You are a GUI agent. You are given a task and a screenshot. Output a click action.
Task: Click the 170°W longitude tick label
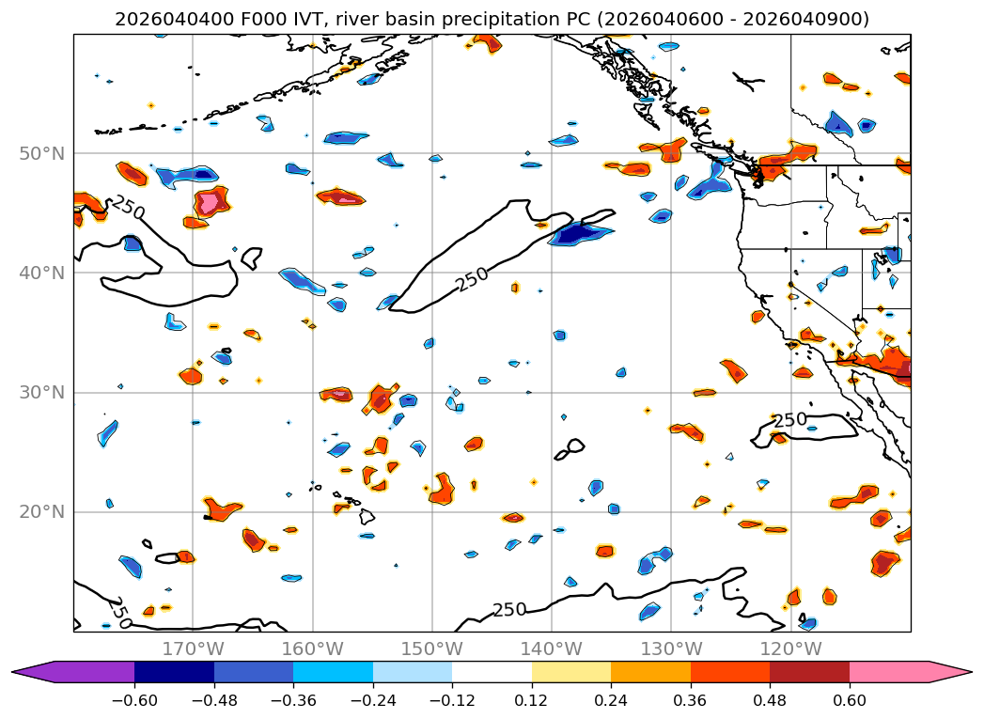tap(193, 649)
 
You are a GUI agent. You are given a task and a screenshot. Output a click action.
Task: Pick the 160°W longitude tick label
tap(312, 649)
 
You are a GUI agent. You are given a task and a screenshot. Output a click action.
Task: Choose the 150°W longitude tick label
tap(431, 649)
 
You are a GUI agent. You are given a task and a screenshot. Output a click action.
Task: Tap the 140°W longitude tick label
tap(551, 649)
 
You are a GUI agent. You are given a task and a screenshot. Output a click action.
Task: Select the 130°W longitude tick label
tap(670, 649)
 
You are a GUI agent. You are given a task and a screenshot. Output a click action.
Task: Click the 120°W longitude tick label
tap(789, 649)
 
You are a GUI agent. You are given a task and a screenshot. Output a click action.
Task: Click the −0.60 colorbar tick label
tap(134, 700)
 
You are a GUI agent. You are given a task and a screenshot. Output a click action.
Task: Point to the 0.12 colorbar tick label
tap(532, 700)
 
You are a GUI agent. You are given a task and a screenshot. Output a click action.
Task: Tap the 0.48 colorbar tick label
tap(770, 700)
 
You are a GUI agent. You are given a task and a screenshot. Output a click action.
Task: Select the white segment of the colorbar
tap(492, 672)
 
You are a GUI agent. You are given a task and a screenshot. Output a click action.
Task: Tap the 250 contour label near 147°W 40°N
tap(473, 278)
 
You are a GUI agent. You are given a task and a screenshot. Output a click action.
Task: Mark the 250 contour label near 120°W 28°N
tap(789, 420)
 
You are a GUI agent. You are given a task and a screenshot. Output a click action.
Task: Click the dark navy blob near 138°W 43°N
tap(575, 232)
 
